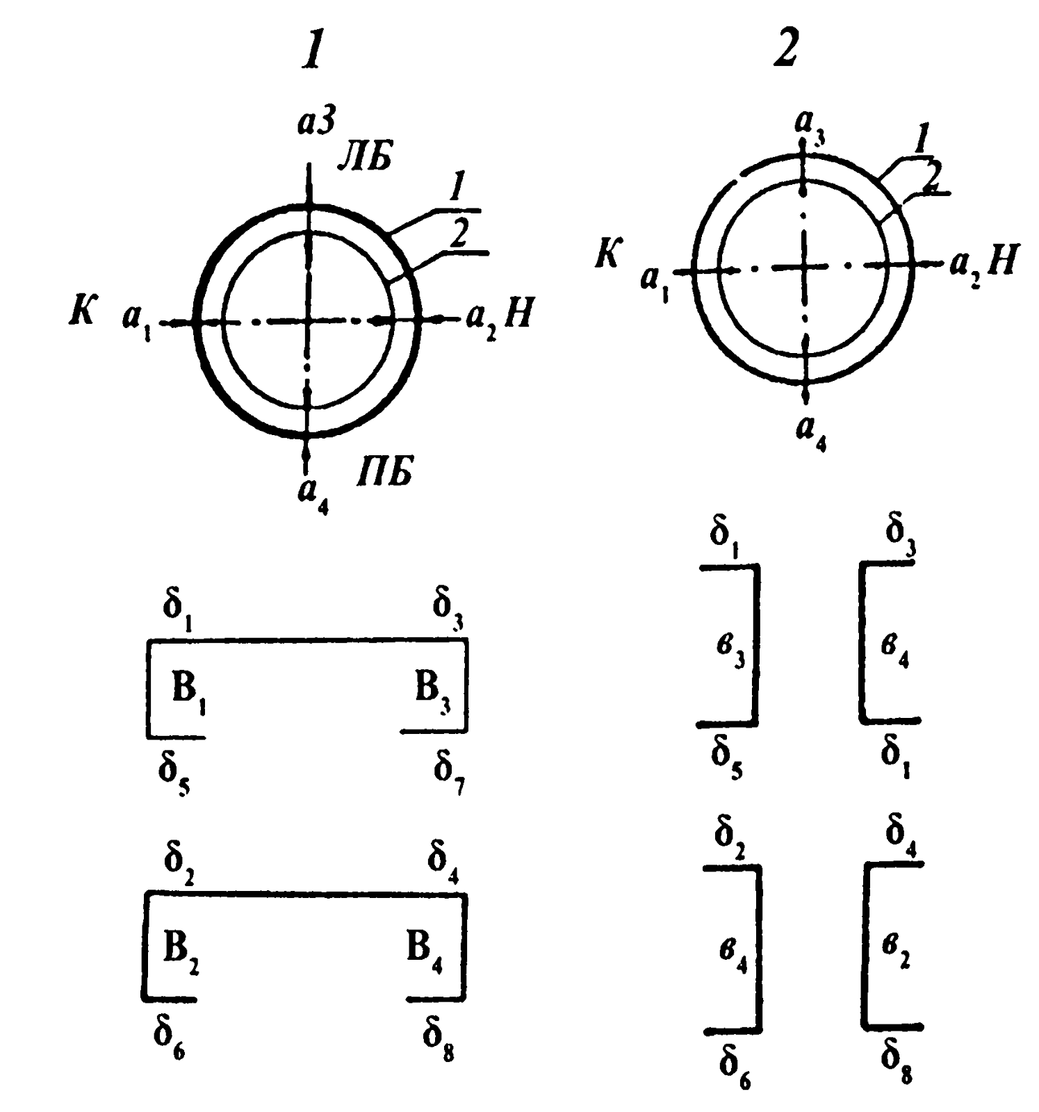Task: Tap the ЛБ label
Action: [364, 158]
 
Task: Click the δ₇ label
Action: [449, 770]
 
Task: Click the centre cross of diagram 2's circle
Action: [804, 266]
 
